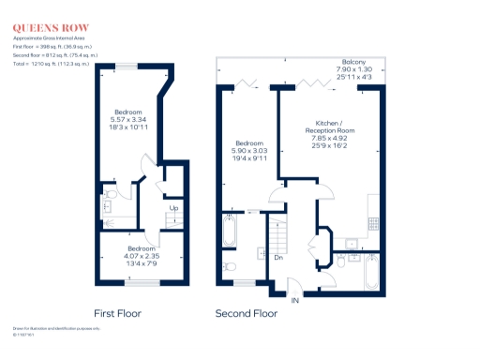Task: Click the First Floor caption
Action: pos(118,313)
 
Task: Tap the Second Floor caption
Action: pos(247,313)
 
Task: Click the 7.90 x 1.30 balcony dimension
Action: pos(353,69)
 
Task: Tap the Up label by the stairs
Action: pos(173,208)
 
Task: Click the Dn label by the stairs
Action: pos(278,258)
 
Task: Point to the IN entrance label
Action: pos(296,300)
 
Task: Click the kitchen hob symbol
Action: pos(373,223)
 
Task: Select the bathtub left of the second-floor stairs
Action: pos(231,229)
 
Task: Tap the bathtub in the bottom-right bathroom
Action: pos(372,272)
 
